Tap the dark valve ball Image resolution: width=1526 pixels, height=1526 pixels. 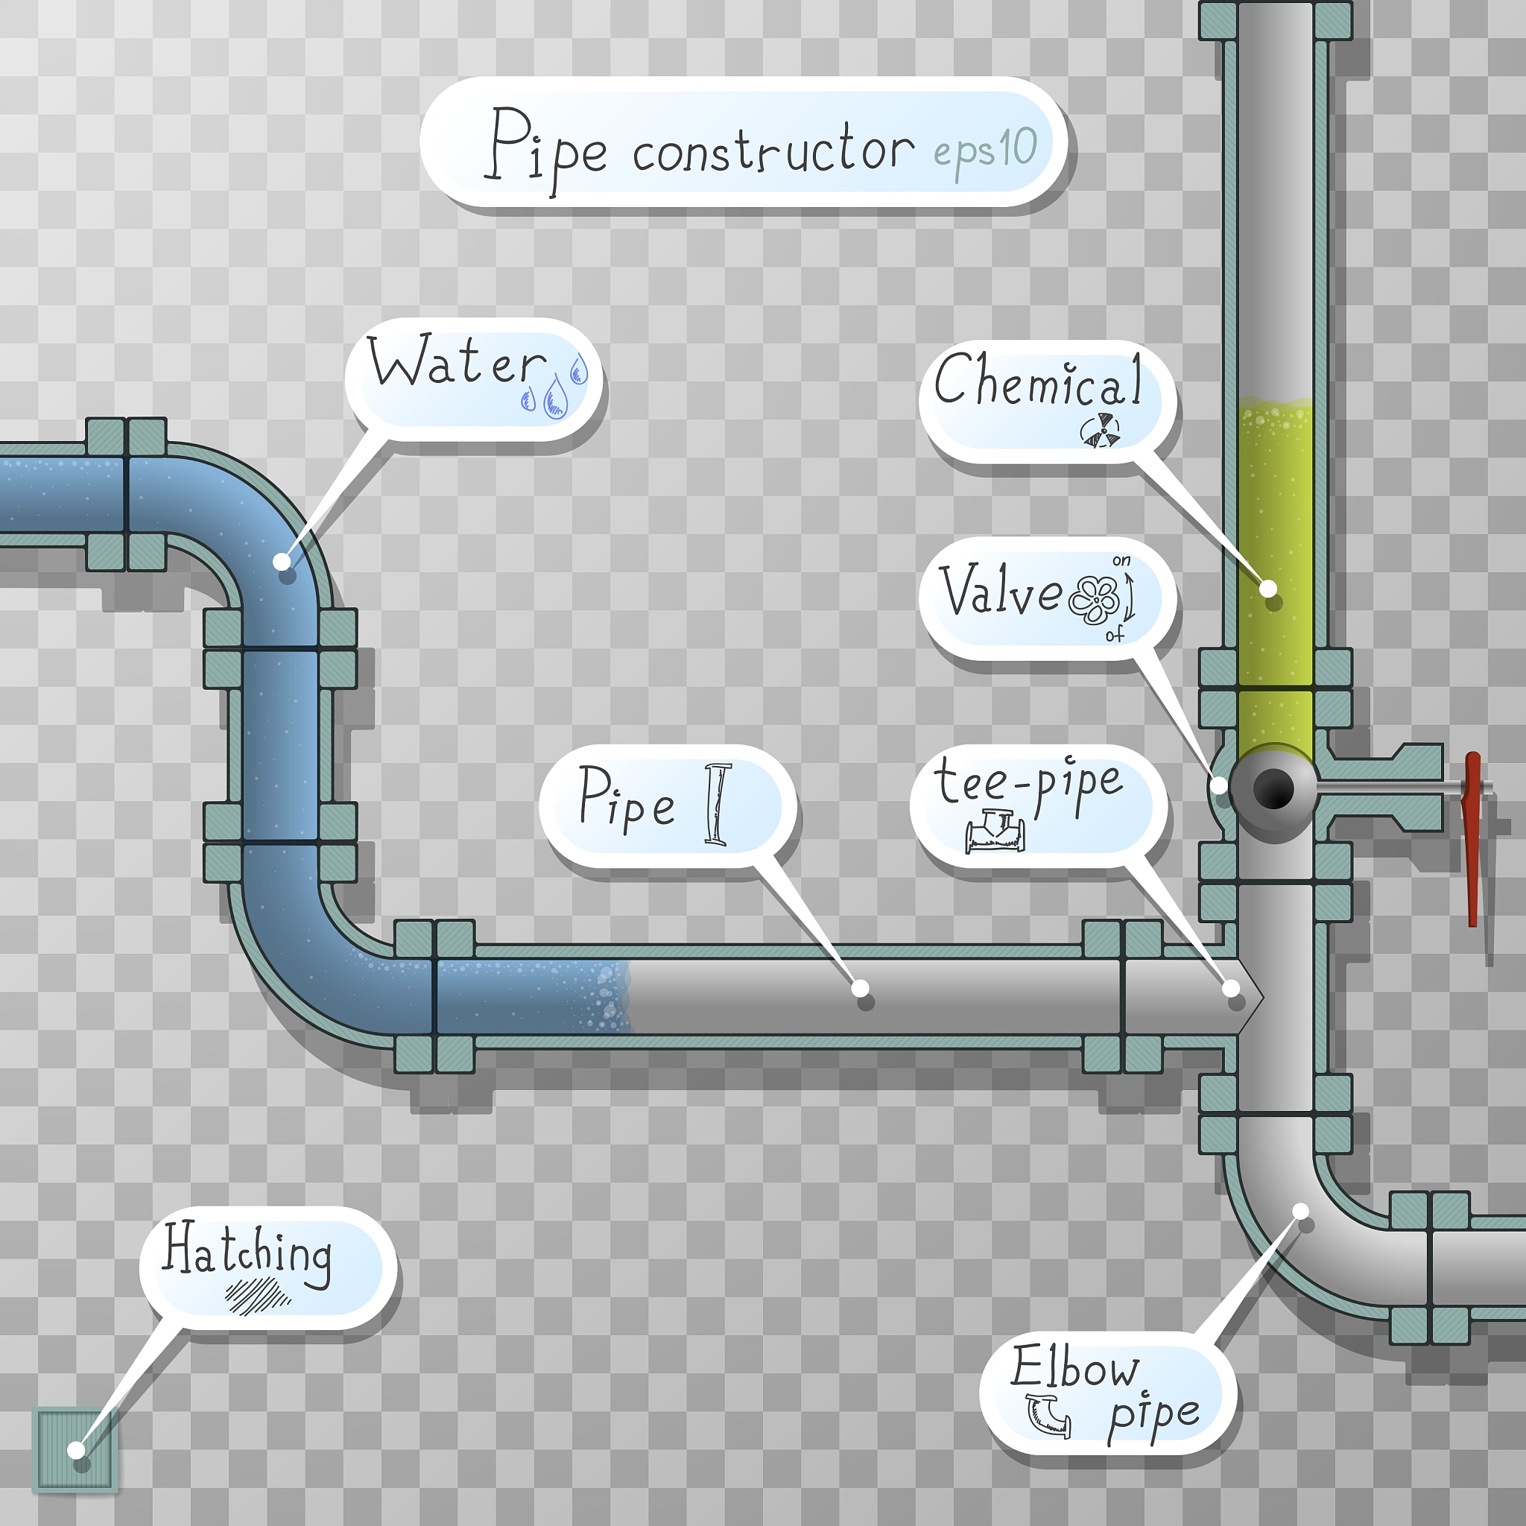coord(1273,788)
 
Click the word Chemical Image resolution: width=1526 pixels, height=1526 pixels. coord(1038,381)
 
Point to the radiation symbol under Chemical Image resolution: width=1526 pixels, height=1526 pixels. coord(1101,430)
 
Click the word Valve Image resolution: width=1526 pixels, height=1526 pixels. coord(1001,590)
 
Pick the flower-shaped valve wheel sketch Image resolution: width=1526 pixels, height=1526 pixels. coord(1094,599)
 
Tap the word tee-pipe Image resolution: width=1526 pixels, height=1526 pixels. coord(1028,782)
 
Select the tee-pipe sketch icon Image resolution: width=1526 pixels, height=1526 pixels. coord(995,831)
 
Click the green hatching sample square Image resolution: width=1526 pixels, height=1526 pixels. coord(75,1450)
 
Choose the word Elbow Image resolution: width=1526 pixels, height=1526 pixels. coord(1075,1367)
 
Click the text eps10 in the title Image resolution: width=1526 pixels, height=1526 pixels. coord(985,150)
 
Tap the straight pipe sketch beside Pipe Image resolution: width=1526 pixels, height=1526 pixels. coord(718,804)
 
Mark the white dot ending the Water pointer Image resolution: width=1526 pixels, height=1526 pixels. coord(281,562)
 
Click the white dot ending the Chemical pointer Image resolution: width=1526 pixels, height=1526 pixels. coord(1267,589)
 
